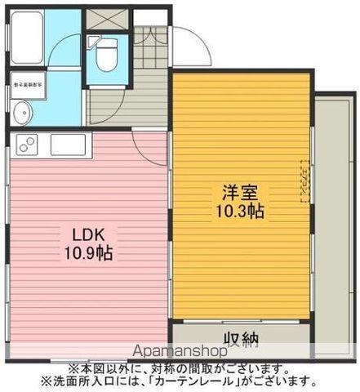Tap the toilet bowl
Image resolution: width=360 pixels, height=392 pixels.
(106, 57)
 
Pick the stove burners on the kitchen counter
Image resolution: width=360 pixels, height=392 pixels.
(24, 145)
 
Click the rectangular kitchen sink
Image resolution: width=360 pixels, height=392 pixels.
(68, 145)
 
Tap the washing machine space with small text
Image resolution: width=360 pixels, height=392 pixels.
(29, 84)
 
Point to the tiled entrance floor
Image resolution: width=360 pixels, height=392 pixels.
(149, 49)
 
